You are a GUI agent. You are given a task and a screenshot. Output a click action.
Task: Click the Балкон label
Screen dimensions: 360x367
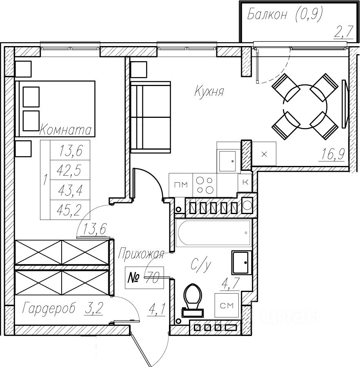pos(267,15)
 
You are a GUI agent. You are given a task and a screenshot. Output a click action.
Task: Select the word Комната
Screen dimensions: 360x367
pos(65,130)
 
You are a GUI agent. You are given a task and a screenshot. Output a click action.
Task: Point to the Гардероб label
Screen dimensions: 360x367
pos(49,308)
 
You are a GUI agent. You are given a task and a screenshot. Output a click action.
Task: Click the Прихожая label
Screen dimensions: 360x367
pos(141,254)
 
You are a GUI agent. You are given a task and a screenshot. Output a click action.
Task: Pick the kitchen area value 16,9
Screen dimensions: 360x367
pos(332,155)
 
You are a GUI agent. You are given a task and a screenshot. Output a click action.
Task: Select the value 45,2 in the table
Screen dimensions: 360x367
pos(70,210)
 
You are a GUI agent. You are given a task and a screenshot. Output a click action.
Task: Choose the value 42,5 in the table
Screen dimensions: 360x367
pos(70,170)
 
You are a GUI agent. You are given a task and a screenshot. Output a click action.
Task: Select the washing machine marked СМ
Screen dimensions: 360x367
pos(227,305)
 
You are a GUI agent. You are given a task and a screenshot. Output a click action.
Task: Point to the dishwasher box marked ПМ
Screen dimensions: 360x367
pos(181,185)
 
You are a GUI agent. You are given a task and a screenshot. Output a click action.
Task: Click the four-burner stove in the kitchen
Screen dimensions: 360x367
pos(204,185)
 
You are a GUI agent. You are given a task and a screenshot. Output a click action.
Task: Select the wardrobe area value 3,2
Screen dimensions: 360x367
pos(93,308)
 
